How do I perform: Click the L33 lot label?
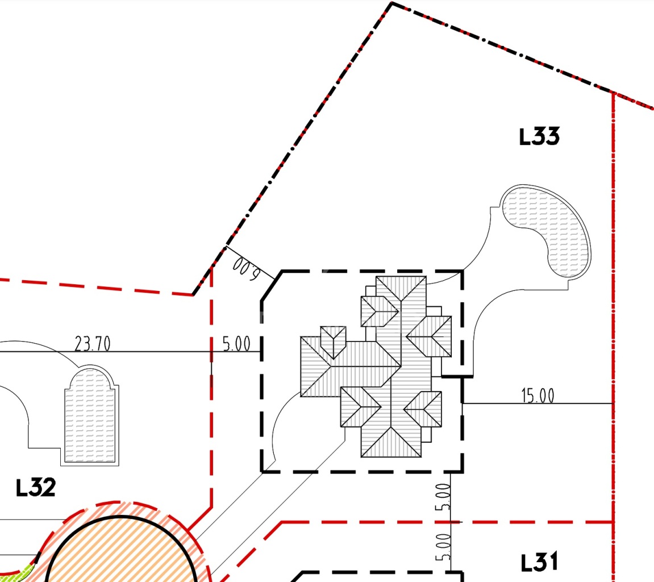point(539,137)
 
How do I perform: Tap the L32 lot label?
point(35,488)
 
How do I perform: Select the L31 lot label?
point(539,562)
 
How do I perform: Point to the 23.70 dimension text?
point(93,344)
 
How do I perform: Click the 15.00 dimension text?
point(538,396)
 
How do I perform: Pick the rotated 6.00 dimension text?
point(246,269)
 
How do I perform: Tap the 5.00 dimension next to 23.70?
point(236,344)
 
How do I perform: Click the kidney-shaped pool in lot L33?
point(546,231)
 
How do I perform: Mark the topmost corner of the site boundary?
point(392,3)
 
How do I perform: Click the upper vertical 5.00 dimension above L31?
point(443,497)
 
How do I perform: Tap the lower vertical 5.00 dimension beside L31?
point(443,547)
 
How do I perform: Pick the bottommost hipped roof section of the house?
point(391,442)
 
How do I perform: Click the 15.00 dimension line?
point(538,404)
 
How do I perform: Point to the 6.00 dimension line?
point(250,263)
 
